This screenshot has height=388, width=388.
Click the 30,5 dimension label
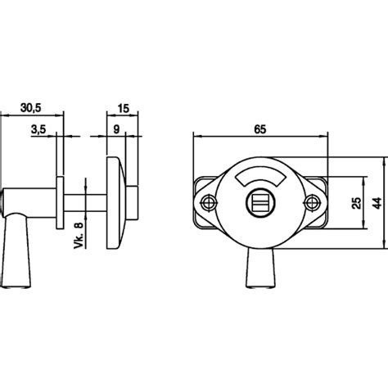pyautogui.click(x=31, y=108)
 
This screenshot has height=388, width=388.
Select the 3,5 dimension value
pyautogui.click(x=38, y=129)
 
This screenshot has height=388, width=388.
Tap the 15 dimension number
pyautogui.click(x=124, y=108)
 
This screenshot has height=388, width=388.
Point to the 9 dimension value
pyautogui.click(x=116, y=129)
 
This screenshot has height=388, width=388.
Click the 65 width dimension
pyautogui.click(x=259, y=129)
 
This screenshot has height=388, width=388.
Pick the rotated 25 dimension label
pyautogui.click(x=356, y=203)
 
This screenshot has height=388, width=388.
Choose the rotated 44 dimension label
pyautogui.click(x=377, y=203)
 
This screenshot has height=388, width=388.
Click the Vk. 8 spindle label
pyautogui.click(x=79, y=235)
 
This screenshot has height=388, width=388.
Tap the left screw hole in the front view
pyautogui.click(x=209, y=202)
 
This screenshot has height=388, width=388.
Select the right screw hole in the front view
pyautogui.click(x=311, y=202)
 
